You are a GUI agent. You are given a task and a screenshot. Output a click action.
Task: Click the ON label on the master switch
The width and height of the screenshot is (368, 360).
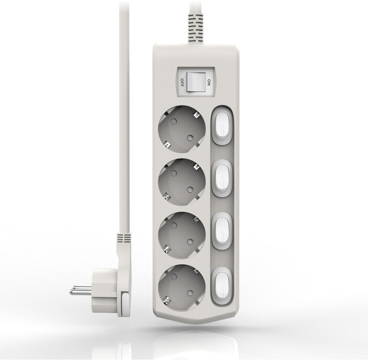209,82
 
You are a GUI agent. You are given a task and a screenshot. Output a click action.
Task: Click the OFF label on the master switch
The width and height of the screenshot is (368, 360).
182,82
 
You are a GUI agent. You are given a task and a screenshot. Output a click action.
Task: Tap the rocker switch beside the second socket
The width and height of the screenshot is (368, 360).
222,178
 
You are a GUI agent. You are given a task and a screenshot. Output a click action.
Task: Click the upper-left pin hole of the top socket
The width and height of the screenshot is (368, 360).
174,121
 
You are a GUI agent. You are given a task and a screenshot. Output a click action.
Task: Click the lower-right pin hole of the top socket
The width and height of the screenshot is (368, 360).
190,138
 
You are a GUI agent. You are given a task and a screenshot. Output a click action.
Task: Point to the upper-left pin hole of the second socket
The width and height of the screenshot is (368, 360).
174,174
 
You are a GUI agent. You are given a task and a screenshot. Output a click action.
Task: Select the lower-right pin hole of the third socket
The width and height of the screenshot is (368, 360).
190,241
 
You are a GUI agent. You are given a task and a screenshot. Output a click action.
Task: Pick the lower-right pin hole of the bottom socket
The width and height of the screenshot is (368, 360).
190,293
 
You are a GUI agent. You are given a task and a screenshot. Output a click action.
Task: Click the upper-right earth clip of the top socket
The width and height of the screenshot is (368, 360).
196,115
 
